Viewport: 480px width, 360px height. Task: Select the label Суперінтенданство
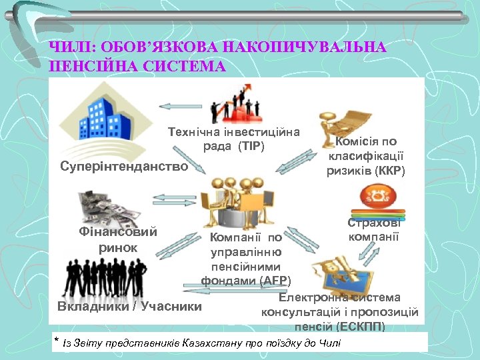click(x=124, y=166)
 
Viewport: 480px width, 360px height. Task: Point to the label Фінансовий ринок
click(x=117, y=240)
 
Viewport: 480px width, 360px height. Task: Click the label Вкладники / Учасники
click(x=129, y=307)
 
